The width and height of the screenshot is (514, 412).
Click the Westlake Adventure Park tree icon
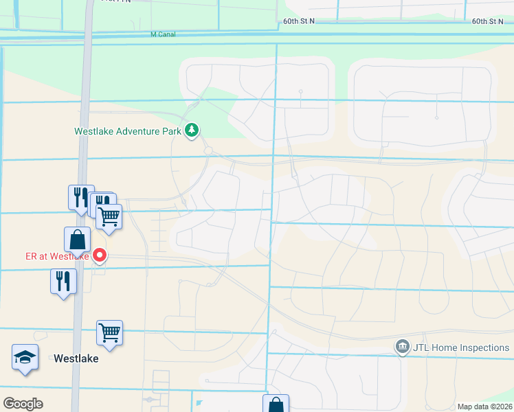192,130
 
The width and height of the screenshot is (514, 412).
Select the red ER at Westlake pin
100,255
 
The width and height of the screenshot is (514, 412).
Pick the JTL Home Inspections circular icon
403,347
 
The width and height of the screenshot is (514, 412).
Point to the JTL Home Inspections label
460,347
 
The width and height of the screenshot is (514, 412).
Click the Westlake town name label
76,358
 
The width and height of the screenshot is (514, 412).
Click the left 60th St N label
298,21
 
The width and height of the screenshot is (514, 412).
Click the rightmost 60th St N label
489,21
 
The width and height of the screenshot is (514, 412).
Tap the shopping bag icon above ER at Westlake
77,240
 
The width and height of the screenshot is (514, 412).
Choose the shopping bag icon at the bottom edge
276,404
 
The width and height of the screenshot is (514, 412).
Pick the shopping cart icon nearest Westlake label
109,333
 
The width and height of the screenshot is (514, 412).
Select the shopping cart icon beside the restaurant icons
109,216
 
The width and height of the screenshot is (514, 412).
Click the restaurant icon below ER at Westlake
63,281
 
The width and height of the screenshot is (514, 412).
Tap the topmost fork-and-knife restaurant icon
80,196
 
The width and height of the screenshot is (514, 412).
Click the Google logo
23,404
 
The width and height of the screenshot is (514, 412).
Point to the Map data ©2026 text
484,407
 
